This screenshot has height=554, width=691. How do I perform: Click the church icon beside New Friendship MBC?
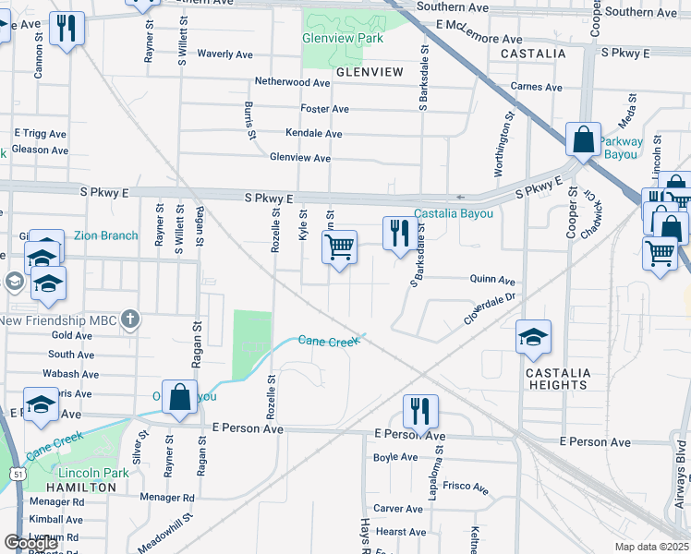[x=131, y=319]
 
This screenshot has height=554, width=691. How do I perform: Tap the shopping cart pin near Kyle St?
[x=340, y=248]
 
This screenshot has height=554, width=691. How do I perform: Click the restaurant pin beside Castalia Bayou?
[x=399, y=234]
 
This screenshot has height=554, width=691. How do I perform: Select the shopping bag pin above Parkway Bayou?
[x=583, y=141]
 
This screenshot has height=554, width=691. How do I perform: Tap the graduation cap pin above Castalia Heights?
[x=533, y=339]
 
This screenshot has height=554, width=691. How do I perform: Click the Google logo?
[x=30, y=543]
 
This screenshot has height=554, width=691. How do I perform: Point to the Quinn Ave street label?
[x=491, y=280]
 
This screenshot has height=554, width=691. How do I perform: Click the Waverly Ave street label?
[x=224, y=54]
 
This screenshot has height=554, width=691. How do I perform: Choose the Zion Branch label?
[x=105, y=235]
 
